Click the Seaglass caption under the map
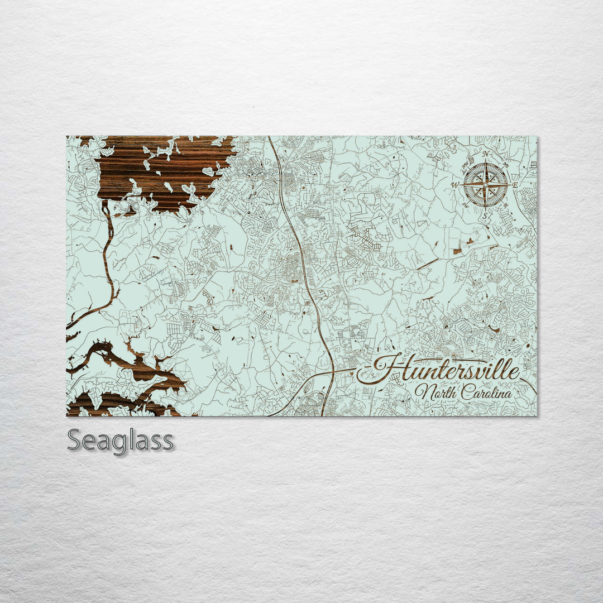(x=120, y=441)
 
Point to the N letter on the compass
(x=486, y=154)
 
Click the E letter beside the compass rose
(x=515, y=185)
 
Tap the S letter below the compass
(x=485, y=214)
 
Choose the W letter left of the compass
(x=455, y=185)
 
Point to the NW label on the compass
(x=466, y=164)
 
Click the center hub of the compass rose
(x=485, y=184)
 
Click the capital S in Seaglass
(x=75, y=441)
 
